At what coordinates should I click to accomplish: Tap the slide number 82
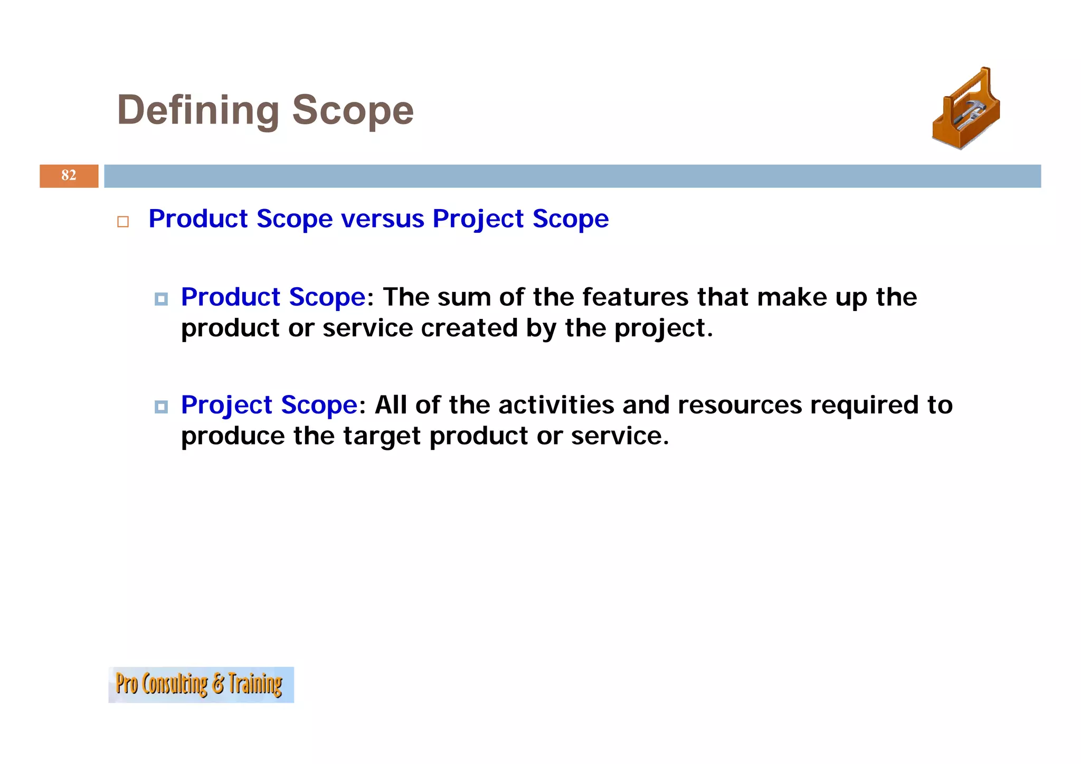(x=69, y=175)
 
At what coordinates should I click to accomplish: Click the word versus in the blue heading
(x=382, y=219)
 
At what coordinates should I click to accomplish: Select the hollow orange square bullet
(x=123, y=221)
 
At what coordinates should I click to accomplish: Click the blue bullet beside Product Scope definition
(x=161, y=299)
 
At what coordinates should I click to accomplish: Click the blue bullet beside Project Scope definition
(x=161, y=407)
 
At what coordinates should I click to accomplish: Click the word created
(x=469, y=328)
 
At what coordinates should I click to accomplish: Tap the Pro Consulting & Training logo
(x=201, y=684)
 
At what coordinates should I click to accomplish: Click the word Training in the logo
(x=255, y=684)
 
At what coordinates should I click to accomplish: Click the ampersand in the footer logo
(x=217, y=684)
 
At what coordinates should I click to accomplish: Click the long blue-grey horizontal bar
(x=572, y=176)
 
